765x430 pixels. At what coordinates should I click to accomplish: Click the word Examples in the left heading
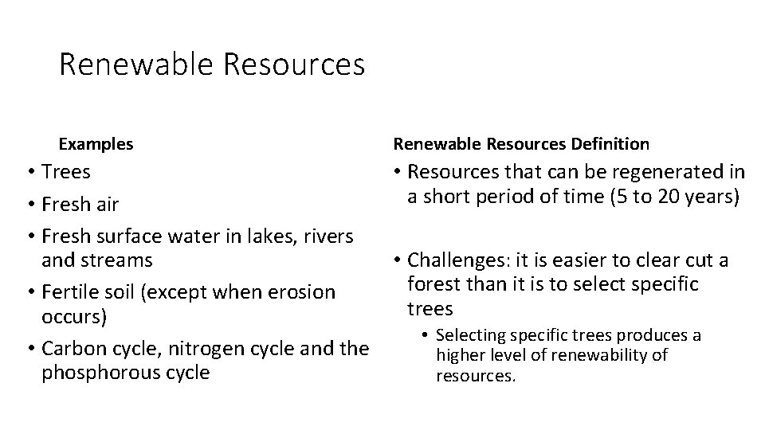[96, 144]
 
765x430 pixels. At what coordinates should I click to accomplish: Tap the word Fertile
[71, 291]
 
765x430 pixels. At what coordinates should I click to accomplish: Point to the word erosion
[297, 291]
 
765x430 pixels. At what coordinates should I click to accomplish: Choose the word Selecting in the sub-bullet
[470, 335]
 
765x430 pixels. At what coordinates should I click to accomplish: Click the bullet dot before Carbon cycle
[29, 348]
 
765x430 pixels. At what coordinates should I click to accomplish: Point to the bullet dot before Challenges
[396, 260]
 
